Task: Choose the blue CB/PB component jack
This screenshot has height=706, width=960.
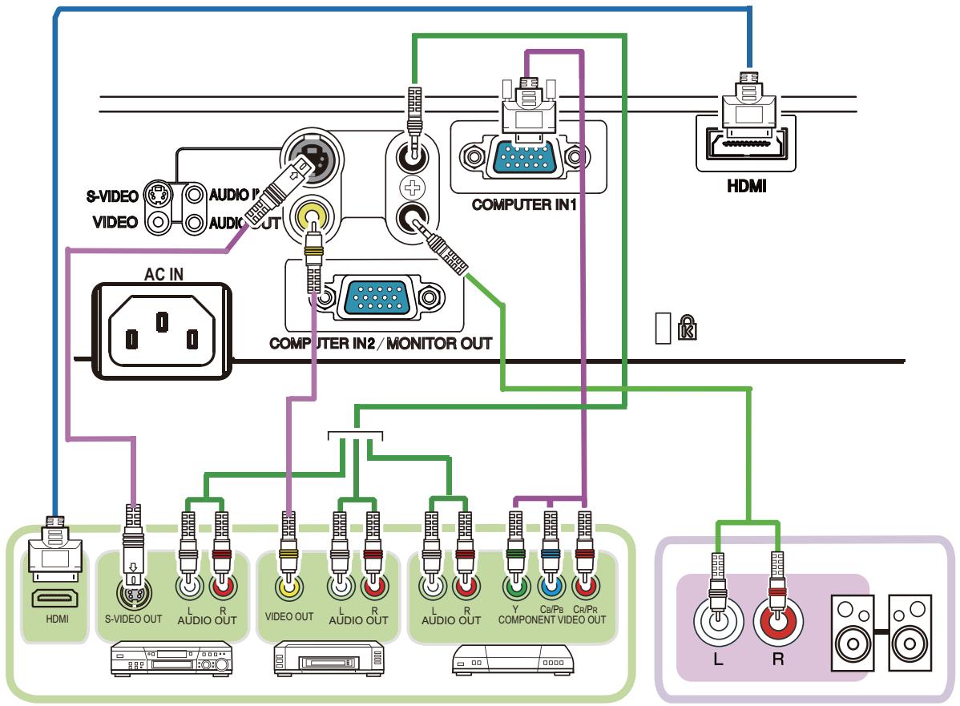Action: click(x=551, y=589)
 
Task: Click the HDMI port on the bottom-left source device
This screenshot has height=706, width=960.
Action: click(x=53, y=597)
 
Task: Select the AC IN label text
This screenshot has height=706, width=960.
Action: click(x=163, y=274)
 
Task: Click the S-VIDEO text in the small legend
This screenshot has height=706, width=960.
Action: click(x=113, y=195)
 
